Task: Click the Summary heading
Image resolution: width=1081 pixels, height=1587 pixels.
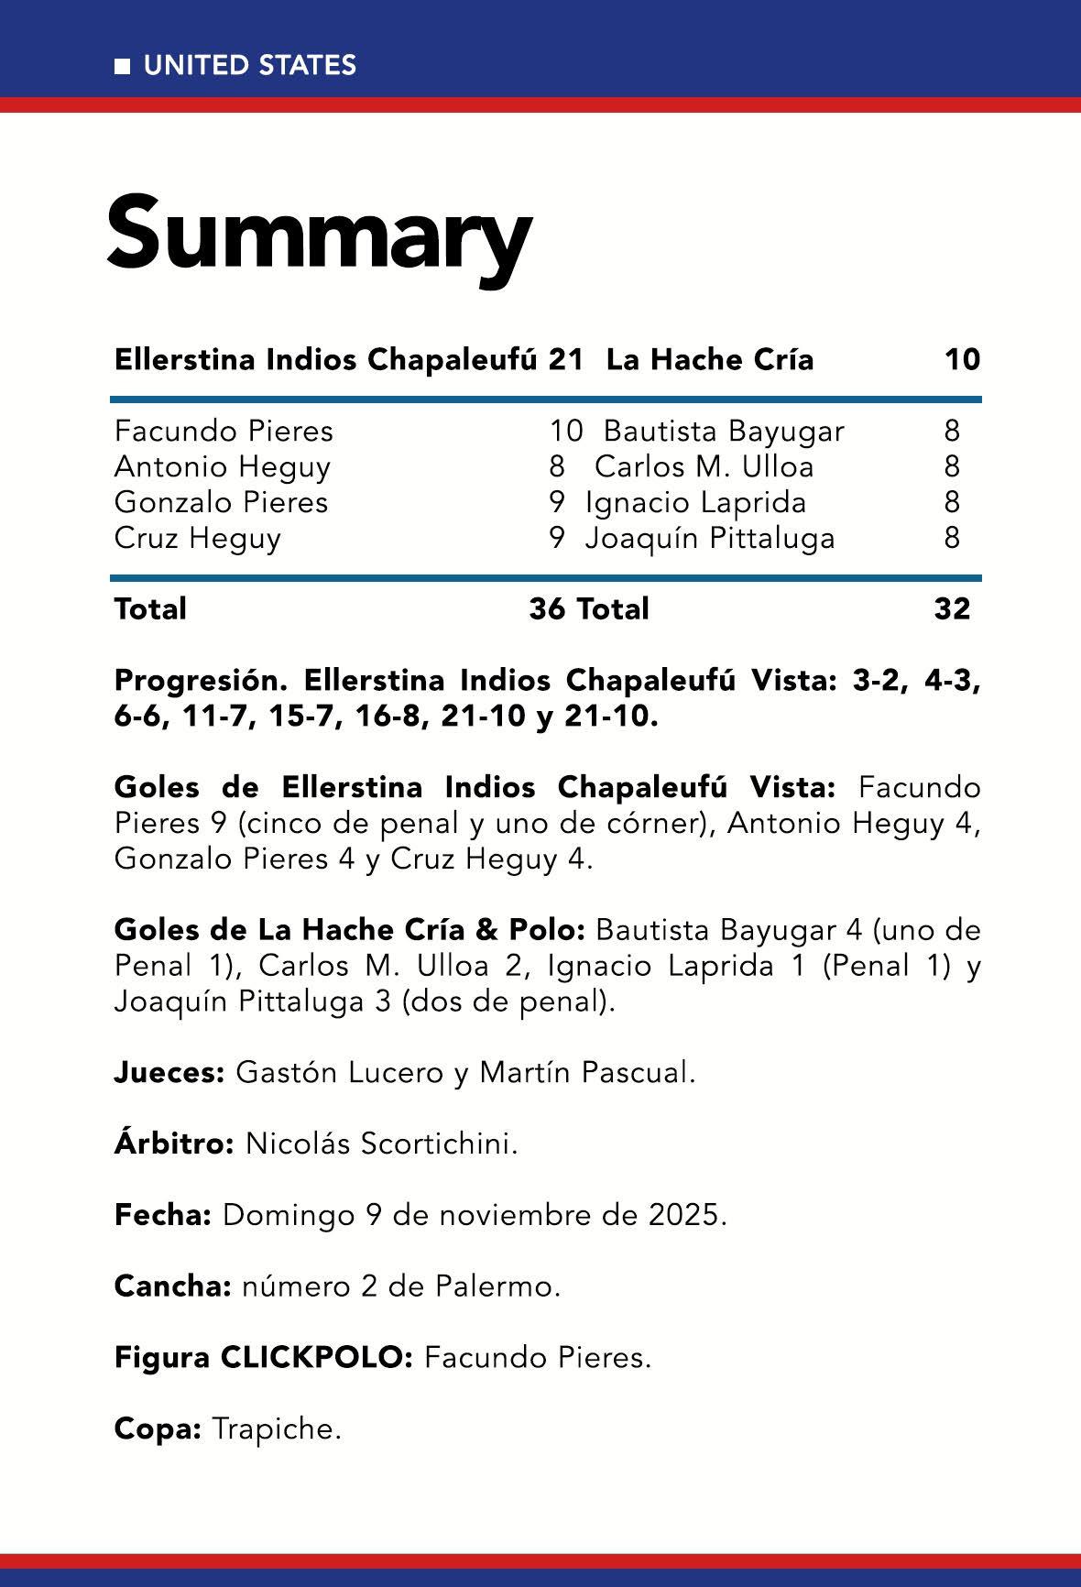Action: click(x=319, y=233)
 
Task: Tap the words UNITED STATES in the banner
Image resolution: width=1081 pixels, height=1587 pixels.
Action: click(x=250, y=66)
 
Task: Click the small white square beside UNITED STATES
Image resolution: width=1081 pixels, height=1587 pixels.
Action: click(x=121, y=66)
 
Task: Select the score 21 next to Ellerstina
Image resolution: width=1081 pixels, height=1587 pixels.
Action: click(x=566, y=359)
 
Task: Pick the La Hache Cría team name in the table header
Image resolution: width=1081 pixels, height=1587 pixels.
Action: click(x=710, y=359)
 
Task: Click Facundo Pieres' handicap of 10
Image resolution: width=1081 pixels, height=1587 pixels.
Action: click(x=565, y=431)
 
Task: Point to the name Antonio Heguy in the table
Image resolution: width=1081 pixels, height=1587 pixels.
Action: click(x=222, y=466)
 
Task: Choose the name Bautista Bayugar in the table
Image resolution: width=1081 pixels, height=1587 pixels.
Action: click(x=724, y=431)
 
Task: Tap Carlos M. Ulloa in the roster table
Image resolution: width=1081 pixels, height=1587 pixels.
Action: click(x=704, y=466)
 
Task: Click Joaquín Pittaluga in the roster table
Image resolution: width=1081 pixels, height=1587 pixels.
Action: click(x=710, y=538)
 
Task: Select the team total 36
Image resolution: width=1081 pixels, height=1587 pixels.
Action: click(x=547, y=608)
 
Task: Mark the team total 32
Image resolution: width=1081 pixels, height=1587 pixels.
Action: click(x=952, y=608)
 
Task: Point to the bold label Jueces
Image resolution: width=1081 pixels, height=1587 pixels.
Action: click(x=169, y=1072)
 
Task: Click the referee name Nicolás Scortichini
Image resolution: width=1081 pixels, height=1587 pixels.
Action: click(x=381, y=1144)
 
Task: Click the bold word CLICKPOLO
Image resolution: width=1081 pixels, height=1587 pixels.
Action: click(x=317, y=1357)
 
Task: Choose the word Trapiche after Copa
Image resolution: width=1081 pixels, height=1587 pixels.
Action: click(x=276, y=1428)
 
